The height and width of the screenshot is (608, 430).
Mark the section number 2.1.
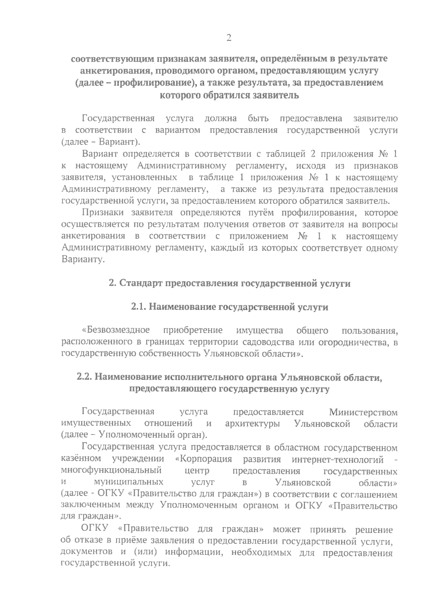(138, 307)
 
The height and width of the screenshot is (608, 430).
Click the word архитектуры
(253, 424)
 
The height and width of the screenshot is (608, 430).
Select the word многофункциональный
(111, 471)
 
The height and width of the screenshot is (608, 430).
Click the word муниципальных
(128, 483)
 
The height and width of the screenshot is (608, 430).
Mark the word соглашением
(373, 494)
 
